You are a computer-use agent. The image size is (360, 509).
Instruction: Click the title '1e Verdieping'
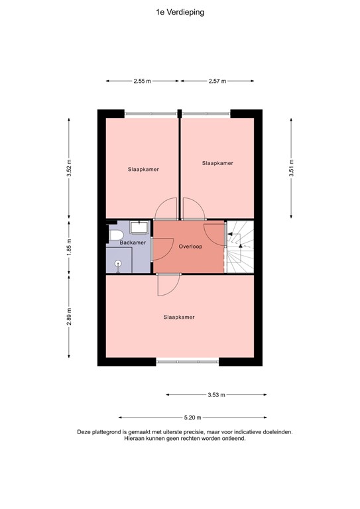[x=180, y=12]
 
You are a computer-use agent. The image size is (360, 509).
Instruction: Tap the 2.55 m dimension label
[x=143, y=81]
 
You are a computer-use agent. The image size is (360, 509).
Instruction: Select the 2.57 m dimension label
[x=217, y=81]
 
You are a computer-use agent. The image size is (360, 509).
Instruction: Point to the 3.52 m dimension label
[x=68, y=168]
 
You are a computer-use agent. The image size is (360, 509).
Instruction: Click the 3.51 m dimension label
[x=291, y=168]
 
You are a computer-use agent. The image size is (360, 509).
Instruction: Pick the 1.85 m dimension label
[x=68, y=246]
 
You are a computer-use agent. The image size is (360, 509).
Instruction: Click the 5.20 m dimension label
[x=192, y=418]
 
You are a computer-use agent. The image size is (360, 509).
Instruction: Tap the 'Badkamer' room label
[x=133, y=243]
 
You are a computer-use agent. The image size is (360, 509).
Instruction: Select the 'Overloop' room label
[x=190, y=246]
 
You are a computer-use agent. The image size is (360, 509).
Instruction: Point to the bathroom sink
[x=139, y=227]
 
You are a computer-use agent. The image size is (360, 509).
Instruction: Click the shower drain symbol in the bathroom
[x=119, y=263]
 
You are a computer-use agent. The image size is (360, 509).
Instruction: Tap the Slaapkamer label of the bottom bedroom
[x=179, y=317]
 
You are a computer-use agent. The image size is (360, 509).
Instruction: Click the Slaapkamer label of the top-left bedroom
[x=143, y=169]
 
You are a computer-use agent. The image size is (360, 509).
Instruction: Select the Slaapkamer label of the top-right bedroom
[x=217, y=162]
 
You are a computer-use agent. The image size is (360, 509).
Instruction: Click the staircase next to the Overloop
[x=240, y=246]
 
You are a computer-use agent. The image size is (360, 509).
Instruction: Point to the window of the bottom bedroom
[x=188, y=362]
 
